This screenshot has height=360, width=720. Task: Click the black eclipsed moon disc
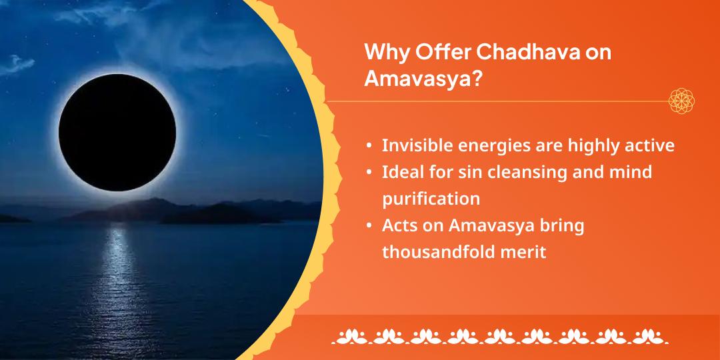pos(117,132)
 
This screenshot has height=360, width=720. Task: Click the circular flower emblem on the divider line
pos(681,101)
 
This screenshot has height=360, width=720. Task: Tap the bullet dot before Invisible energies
pos(369,147)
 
